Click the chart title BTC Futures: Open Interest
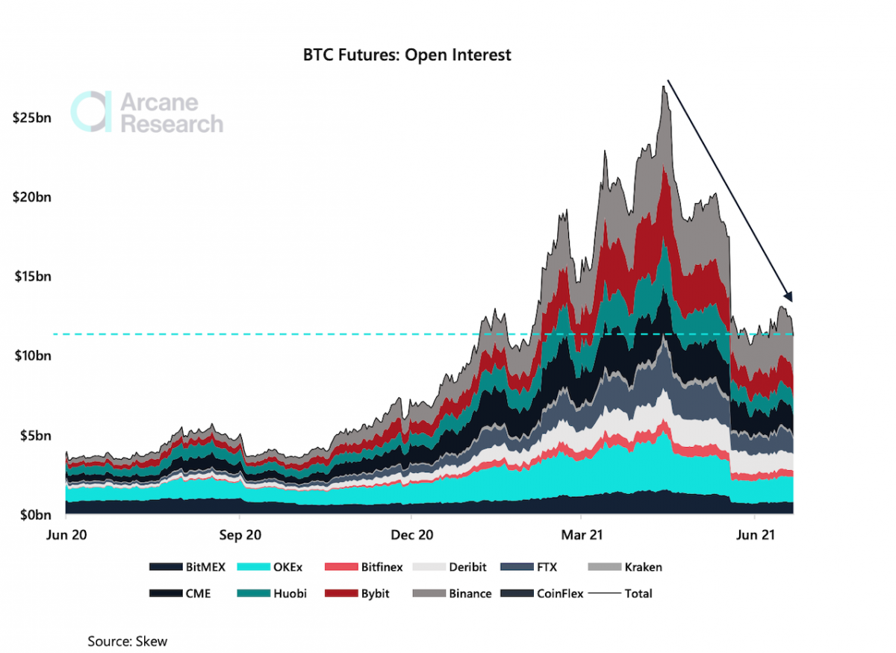(407, 55)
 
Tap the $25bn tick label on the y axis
(32, 119)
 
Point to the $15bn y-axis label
(32, 277)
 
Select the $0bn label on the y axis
(34, 515)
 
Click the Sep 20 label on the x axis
(239, 535)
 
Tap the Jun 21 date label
(755, 535)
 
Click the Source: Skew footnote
(127, 641)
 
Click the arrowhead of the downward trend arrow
(790, 298)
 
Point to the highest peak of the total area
(663, 87)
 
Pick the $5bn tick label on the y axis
(34, 435)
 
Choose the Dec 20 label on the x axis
(411, 535)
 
